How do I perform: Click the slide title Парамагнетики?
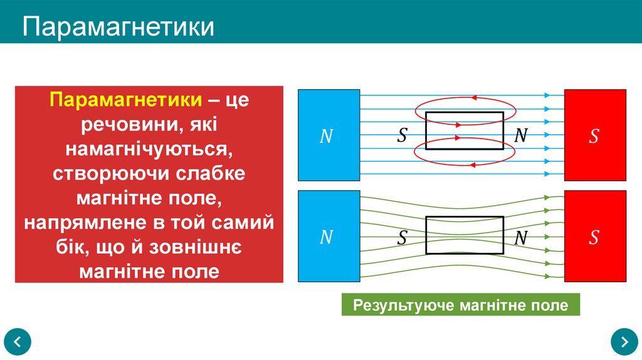coord(119,27)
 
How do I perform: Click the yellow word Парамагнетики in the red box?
coord(126,101)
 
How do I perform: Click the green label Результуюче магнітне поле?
coord(461,305)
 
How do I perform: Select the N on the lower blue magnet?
coord(327,237)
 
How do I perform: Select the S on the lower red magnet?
coord(594,237)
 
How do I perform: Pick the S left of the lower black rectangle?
coord(402,238)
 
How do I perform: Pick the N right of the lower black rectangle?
coord(521,238)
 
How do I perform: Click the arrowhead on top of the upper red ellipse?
coord(474,98)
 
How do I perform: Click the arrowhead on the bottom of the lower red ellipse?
coord(473,164)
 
